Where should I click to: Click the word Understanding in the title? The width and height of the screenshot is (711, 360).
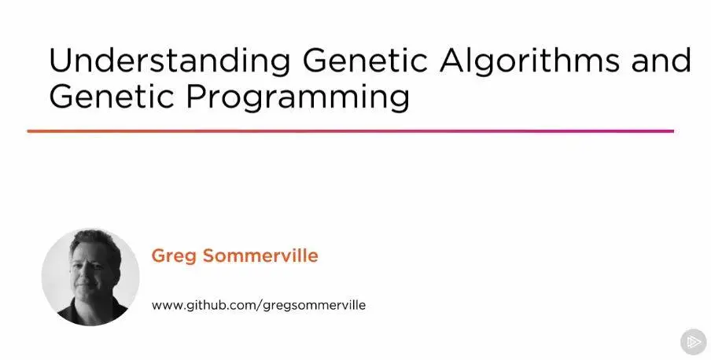[x=170, y=61]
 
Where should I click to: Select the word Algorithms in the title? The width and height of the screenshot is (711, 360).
[x=529, y=60]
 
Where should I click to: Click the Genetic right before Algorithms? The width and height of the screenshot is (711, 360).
[x=365, y=60]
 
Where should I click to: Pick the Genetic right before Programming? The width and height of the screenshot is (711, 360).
[x=112, y=96]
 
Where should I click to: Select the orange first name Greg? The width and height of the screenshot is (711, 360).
[x=173, y=256]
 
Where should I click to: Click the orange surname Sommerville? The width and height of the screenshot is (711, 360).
[x=260, y=255]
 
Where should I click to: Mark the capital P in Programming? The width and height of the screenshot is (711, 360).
[x=195, y=96]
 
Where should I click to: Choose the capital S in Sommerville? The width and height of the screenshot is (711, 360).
[x=209, y=255]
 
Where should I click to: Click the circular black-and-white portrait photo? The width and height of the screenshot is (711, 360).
[x=90, y=277]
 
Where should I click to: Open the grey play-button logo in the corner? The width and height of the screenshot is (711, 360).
[x=694, y=341]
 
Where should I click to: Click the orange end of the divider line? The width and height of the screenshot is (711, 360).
[x=28, y=131]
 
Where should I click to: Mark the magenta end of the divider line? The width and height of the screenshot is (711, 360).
[x=673, y=131]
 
